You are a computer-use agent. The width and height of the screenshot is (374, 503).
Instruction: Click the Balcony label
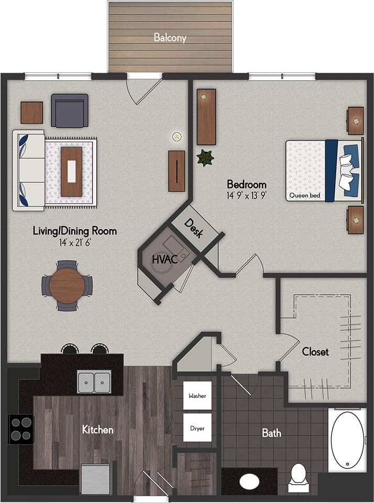pos(170,38)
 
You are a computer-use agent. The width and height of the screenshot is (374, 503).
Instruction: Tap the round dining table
pos(67,286)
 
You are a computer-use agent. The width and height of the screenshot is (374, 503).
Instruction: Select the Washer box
pos(197,396)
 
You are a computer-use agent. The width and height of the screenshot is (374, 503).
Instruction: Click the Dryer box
pos(197,428)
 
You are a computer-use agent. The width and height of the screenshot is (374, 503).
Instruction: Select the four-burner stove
pos(20,429)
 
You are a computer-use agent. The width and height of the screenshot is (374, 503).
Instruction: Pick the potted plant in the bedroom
pos(205,158)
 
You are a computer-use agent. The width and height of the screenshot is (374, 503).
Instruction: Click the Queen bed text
pos(304,196)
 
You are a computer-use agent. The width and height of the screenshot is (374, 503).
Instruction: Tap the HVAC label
pos(162,259)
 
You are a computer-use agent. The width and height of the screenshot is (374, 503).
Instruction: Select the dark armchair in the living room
pos(70,110)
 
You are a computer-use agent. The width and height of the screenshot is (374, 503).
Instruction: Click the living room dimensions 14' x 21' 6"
pos(74,243)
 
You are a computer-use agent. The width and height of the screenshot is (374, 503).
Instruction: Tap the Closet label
pos(315,351)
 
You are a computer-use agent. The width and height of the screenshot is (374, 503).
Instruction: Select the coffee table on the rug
pos(71,172)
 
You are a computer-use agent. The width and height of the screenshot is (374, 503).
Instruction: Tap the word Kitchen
pos(97,430)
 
